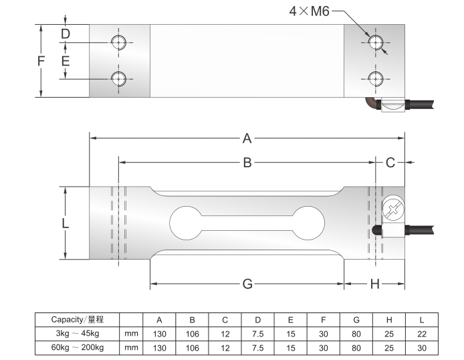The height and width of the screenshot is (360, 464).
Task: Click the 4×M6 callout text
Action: (x=309, y=11)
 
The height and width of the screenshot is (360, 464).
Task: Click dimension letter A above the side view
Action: (x=247, y=139)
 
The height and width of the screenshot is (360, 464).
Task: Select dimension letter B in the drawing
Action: (x=247, y=163)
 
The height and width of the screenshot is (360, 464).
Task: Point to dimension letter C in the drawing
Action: (x=390, y=163)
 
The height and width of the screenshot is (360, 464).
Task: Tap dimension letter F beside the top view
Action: (x=41, y=61)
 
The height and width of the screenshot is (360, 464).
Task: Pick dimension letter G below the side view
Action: (x=247, y=284)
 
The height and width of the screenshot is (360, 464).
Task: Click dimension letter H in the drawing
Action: (x=374, y=284)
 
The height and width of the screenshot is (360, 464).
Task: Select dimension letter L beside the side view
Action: (x=65, y=223)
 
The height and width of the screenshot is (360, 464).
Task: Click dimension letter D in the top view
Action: (x=65, y=33)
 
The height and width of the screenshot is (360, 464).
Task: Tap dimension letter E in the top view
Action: (x=65, y=61)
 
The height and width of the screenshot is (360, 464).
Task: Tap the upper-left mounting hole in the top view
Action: (x=119, y=42)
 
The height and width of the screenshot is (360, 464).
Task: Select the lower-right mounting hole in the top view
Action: (x=375, y=78)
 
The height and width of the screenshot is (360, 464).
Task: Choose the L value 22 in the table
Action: (x=421, y=333)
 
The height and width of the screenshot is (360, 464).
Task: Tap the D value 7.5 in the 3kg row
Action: (x=257, y=333)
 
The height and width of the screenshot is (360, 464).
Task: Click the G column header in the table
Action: (x=356, y=319)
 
